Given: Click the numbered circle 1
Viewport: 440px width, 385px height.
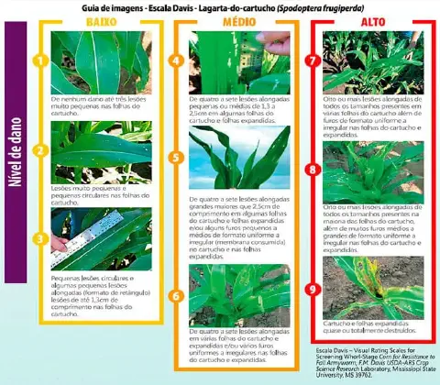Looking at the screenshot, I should [x=40, y=62].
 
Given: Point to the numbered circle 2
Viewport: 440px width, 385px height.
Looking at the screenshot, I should [x=40, y=150].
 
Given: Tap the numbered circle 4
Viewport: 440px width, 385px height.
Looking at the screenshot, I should [x=177, y=62].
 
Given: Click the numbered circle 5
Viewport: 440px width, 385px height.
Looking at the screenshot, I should [x=177, y=158].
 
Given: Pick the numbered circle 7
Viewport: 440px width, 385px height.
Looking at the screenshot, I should [x=312, y=62].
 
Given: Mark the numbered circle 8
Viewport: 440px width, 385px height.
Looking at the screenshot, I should [x=312, y=170].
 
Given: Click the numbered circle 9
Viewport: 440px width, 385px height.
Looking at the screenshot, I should [x=312, y=288].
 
